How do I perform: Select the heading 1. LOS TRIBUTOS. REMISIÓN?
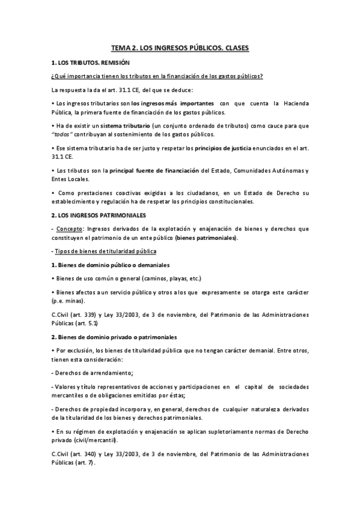[90, 63]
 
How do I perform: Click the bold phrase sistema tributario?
[127, 126]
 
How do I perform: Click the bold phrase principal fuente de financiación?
[150, 170]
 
